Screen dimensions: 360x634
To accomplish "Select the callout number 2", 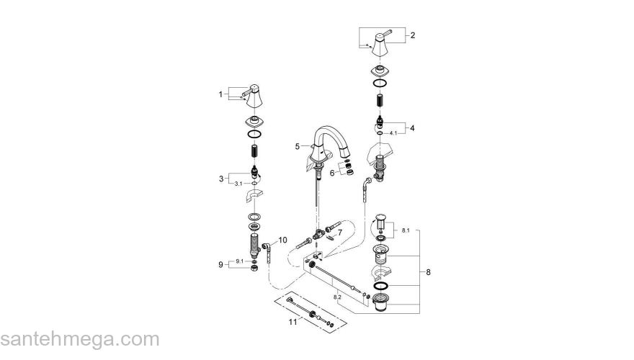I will [413, 35].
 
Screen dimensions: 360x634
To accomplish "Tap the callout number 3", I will [221, 179].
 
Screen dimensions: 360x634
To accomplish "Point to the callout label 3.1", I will [238, 184].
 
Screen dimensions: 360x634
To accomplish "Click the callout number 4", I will [413, 128].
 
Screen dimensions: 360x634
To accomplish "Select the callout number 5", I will [296, 145].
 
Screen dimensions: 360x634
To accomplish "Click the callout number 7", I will [339, 232].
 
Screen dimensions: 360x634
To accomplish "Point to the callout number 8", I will [428, 272].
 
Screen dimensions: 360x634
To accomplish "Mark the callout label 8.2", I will [337, 295].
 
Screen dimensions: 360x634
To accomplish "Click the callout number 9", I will [221, 265].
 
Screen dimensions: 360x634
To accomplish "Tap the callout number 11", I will [293, 323].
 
